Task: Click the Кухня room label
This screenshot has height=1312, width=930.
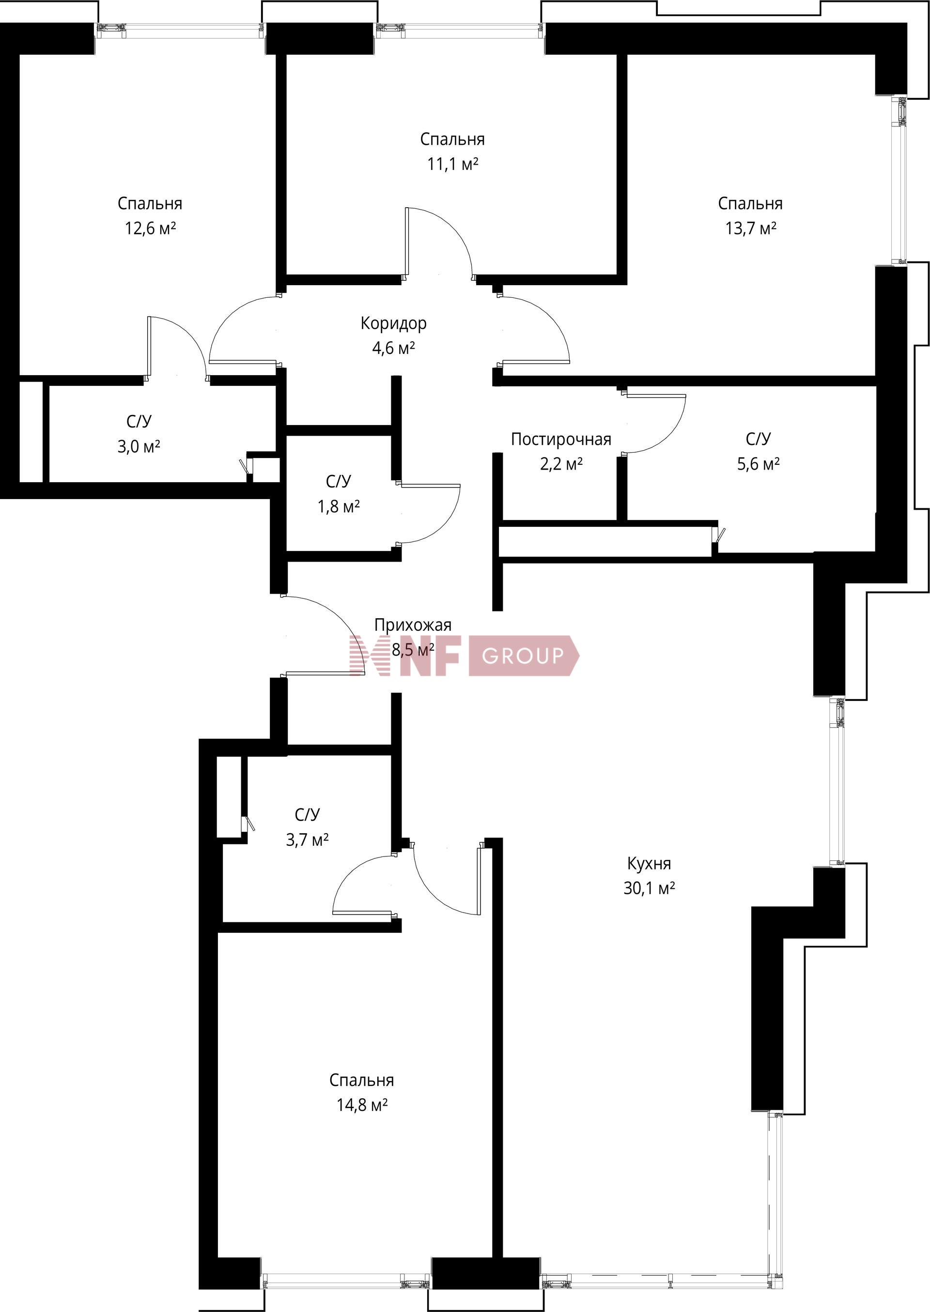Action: pos(649,863)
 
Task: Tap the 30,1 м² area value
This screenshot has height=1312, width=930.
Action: pos(649,888)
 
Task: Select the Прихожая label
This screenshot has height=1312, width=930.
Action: pos(412,625)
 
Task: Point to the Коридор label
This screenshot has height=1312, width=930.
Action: pos(393,323)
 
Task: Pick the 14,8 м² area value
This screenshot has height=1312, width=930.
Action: pos(362,1105)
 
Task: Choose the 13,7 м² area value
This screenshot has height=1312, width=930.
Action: pos(751,229)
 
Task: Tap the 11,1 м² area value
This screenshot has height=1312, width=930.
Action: pos(452,164)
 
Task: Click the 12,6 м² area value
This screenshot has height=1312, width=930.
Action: pos(150,229)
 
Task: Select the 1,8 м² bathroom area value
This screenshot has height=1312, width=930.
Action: pos(339,506)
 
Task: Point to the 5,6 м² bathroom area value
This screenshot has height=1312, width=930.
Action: pos(758,464)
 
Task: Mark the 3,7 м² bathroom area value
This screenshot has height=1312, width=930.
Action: pos(307,840)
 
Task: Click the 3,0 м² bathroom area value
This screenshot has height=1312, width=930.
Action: pos(138,446)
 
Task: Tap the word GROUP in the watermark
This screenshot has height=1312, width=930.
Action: pos(523,656)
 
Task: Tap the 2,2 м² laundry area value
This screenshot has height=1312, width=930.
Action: pos(561,464)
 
